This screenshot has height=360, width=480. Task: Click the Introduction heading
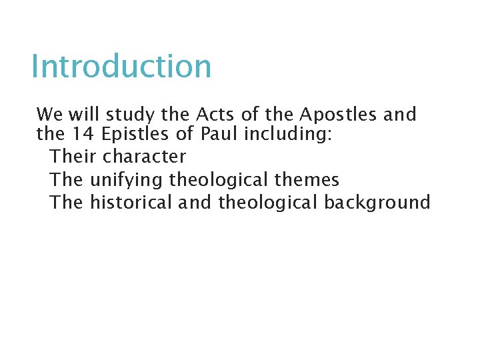click(121, 66)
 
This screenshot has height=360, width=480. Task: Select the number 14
click(83, 135)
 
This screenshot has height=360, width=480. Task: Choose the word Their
click(73, 157)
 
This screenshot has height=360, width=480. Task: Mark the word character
click(144, 157)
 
